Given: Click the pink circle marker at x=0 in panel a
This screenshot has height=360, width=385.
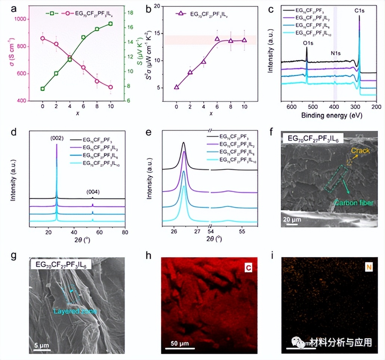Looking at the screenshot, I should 43,38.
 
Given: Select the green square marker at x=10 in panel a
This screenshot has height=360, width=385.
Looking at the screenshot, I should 110,24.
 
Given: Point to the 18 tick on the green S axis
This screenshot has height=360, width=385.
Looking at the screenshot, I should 128,13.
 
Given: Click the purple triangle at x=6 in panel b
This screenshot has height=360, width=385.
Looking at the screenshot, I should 217,39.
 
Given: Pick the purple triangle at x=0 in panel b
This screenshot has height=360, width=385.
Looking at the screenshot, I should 176,87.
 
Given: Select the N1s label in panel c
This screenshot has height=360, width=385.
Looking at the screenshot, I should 335,53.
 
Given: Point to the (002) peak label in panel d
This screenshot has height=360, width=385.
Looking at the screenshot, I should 56,139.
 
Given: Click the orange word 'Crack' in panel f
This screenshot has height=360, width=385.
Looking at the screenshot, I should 361,150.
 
